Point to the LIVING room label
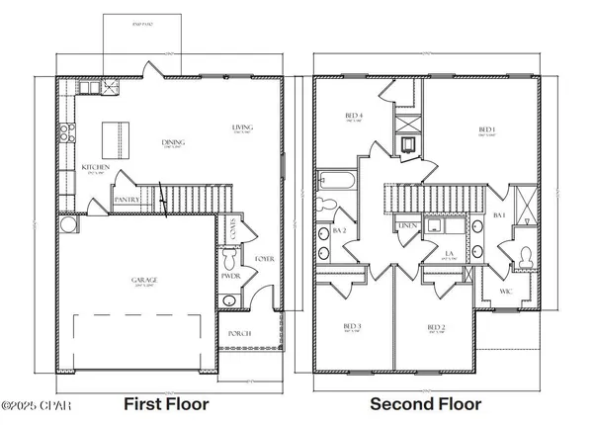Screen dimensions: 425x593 242,127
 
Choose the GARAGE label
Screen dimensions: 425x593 145,280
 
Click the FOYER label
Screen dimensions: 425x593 264,259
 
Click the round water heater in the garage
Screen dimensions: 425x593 69,225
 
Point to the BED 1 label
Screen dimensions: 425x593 487,128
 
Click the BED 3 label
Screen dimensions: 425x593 351,326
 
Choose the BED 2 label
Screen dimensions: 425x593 436,326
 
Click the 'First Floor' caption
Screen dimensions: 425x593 165,404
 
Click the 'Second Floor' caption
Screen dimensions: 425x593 426,404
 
